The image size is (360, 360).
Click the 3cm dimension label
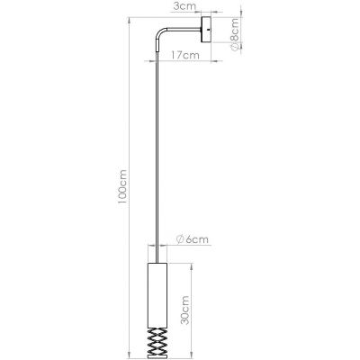[x=185, y=7]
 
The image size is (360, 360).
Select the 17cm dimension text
[x=184, y=55]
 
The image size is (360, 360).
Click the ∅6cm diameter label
[x=193, y=239]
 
